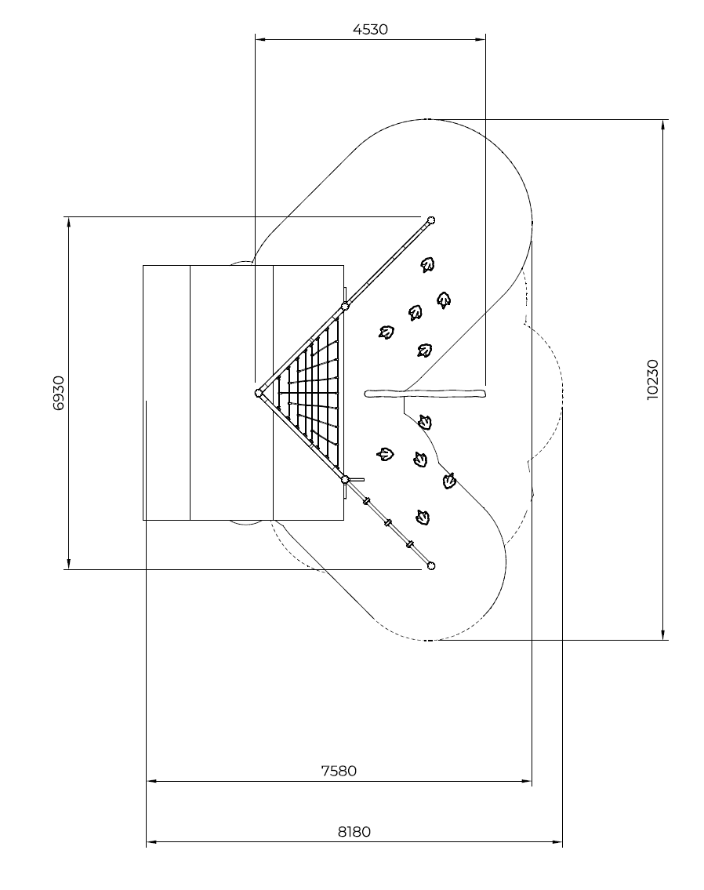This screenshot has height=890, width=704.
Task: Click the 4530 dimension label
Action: [370, 29]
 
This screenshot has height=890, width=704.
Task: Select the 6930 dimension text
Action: [59, 393]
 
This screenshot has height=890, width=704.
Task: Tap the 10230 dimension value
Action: [652, 380]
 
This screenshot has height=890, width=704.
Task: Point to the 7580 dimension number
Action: [339, 771]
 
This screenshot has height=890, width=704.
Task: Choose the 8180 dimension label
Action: [354, 831]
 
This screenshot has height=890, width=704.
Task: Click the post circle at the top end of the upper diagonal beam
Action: [430, 220]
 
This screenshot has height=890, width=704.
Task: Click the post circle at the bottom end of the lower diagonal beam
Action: [430, 565]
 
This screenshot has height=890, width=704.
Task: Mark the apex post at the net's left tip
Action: [258, 393]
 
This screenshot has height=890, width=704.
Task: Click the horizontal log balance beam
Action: [426, 393]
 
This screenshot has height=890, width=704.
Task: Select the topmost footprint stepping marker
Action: [428, 264]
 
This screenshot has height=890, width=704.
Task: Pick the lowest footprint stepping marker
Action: [423, 517]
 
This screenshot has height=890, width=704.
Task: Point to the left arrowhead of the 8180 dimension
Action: [151, 841]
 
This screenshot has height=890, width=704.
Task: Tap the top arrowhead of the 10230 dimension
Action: [662, 125]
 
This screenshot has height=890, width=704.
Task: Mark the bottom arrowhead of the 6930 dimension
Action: [69, 565]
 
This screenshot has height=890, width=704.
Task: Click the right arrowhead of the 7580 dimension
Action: [527, 781]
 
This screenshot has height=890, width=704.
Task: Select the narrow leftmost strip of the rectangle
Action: [166, 393]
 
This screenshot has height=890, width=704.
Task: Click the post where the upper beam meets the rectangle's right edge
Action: [344, 307]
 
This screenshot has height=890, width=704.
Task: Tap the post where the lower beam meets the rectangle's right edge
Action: [344, 480]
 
